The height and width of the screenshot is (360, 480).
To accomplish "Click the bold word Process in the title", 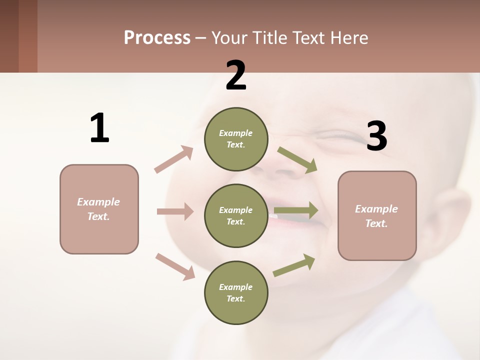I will point(157,38).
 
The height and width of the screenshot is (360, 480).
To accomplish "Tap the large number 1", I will point(99,128).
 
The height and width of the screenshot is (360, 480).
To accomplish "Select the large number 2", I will point(236,75).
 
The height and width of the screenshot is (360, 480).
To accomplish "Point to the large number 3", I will point(376,136).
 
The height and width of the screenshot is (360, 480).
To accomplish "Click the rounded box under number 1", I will point(99,209).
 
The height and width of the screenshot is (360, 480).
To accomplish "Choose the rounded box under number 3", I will point(377,215).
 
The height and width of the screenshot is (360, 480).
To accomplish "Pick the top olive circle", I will point(236,139).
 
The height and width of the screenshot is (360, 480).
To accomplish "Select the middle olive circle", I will point(236,215).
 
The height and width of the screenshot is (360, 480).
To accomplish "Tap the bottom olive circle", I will point(236,292).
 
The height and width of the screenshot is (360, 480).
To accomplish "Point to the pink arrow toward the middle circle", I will point(175,211).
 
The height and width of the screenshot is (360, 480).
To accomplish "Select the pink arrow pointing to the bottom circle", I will point(175,266).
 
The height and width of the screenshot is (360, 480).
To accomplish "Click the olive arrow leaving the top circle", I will point(297,160).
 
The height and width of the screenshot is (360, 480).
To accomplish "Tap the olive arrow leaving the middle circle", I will point(296,210).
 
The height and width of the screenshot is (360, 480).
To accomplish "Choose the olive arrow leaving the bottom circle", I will point(294,265).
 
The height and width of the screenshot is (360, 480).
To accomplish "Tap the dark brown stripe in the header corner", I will point(9,36).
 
